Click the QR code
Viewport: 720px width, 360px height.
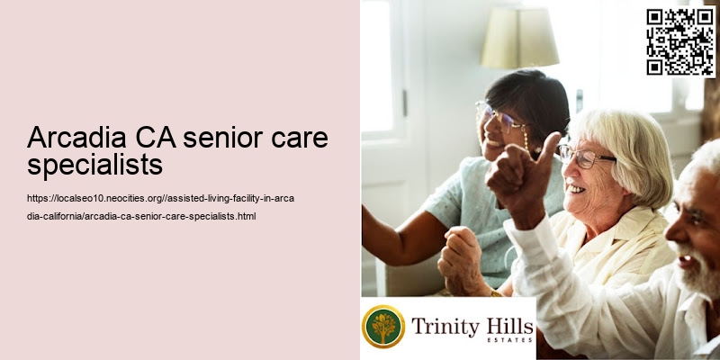click(680, 41)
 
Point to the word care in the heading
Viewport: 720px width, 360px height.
click(299, 139)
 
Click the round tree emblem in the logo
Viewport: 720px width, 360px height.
click(383, 327)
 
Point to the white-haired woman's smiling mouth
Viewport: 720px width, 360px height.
click(574, 189)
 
